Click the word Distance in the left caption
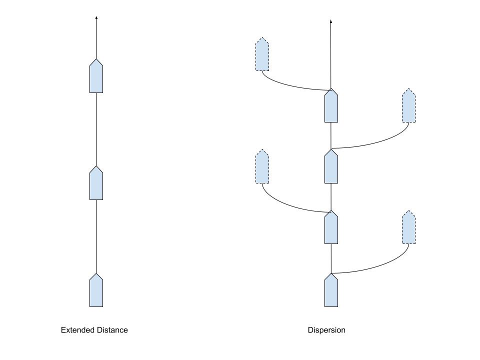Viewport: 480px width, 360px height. click(x=111, y=330)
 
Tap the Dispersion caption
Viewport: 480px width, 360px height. click(x=326, y=330)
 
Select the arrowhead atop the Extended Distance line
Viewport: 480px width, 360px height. click(x=96, y=18)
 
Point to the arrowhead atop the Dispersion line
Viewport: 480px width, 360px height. click(x=331, y=22)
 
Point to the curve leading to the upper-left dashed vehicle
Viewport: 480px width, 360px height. click(x=285, y=85)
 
